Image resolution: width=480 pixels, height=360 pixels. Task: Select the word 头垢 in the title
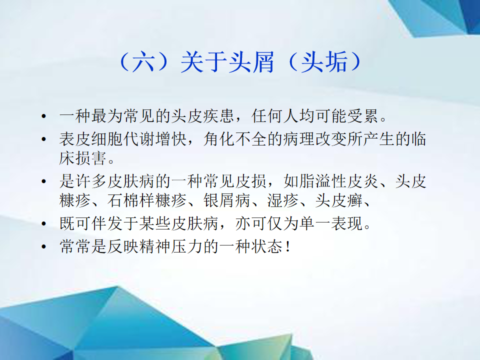coord(324,62)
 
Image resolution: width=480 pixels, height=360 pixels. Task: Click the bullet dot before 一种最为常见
coord(44,116)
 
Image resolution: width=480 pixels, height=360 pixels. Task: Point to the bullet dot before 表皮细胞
coord(44,139)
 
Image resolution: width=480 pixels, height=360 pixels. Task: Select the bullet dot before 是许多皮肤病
coord(44,181)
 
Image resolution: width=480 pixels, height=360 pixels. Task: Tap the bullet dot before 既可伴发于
coord(44,223)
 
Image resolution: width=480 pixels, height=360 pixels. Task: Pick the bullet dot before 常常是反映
coord(44,246)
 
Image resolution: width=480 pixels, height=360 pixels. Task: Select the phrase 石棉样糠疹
coord(147,200)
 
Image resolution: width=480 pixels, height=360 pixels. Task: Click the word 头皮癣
coord(339,200)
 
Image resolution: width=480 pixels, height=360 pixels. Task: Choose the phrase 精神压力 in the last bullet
coord(171,246)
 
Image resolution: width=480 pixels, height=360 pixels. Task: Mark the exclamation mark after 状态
coord(288,246)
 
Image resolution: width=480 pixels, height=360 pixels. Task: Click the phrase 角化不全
coord(235,139)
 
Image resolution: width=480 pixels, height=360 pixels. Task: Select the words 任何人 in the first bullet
coord(275,116)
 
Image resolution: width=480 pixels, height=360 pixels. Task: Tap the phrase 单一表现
coord(331,223)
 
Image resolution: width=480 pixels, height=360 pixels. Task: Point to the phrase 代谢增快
coord(155,139)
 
